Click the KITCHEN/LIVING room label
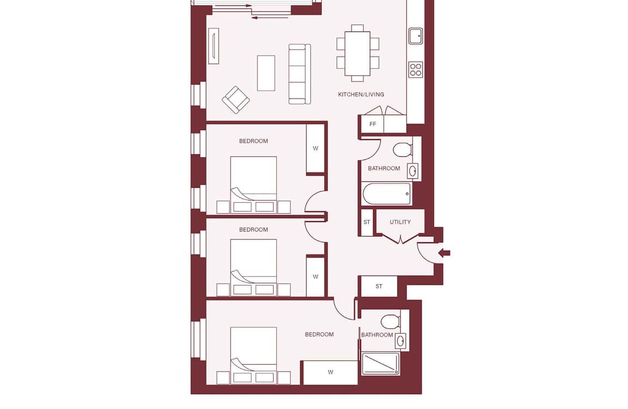tap(361, 94)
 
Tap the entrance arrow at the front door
tap(444, 253)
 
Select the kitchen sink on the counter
tap(416, 36)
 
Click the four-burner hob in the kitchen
tap(416, 69)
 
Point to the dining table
tap(357, 53)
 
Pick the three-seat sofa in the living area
tap(300, 74)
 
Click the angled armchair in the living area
tap(236, 100)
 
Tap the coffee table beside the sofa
tap(266, 73)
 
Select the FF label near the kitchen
tap(373, 124)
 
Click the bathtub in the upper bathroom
tap(387, 194)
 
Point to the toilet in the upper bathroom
tap(403, 150)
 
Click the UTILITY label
tap(400, 222)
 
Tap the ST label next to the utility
tap(367, 222)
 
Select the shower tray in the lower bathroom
tap(381, 364)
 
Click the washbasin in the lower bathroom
tap(401, 341)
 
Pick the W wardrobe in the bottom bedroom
tap(330, 372)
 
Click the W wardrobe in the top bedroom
tap(315, 149)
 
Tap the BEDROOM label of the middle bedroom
tap(253, 230)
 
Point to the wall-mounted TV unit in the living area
tap(214, 46)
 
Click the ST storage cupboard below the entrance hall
tap(379, 286)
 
